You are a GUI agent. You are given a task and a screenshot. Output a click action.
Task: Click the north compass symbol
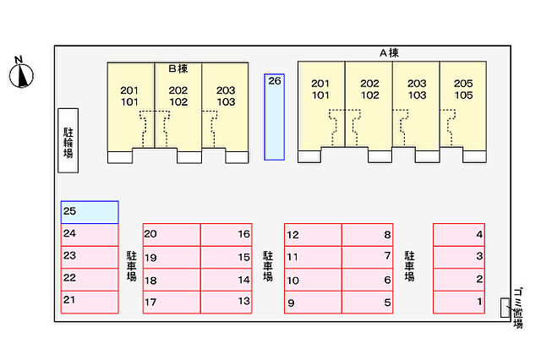[19, 74]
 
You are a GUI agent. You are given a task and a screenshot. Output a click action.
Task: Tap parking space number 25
[90, 211]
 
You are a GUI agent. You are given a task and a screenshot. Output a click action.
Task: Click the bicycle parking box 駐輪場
[68, 141]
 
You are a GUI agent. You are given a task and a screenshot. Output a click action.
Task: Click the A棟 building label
[388, 53]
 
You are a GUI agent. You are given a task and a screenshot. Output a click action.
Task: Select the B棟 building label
[177, 68]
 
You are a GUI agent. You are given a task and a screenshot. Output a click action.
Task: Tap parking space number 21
[90, 301]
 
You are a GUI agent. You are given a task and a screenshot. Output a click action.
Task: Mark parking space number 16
[229, 234]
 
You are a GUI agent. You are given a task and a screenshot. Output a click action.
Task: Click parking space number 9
[313, 303]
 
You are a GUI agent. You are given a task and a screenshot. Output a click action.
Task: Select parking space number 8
[370, 234]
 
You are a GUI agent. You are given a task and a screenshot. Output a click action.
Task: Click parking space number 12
[313, 234]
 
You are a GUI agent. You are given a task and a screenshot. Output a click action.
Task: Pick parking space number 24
[90, 234]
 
